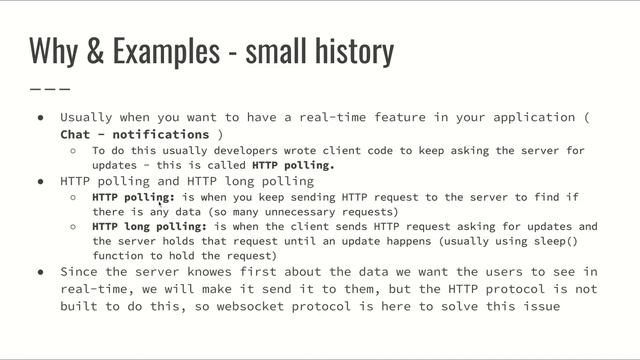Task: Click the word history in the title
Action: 351,49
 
